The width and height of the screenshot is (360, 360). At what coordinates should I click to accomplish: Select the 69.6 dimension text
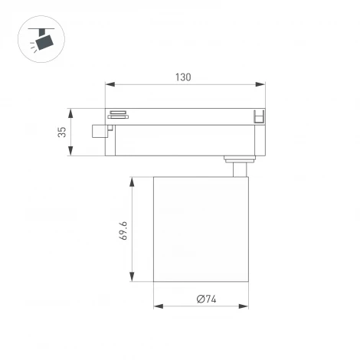pos(122,229)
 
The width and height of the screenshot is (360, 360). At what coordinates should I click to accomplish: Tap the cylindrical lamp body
pos(202,229)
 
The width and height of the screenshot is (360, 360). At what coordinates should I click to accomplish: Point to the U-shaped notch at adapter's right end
pos(258,116)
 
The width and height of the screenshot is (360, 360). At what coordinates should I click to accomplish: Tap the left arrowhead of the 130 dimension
pos(108,84)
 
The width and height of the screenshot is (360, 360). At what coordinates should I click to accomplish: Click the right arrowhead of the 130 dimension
pos(262,84)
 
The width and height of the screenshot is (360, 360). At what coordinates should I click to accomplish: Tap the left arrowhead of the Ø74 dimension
pos(157,306)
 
